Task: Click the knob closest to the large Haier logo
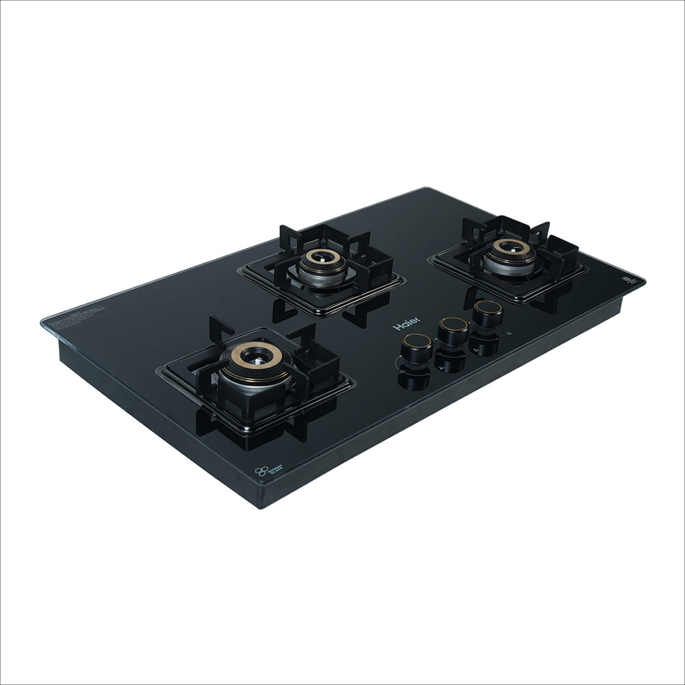click(x=416, y=345)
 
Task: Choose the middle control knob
click(x=453, y=329)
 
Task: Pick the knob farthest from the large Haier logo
click(x=488, y=312)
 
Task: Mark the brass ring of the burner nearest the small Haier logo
click(x=510, y=248)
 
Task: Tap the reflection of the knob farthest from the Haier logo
click(x=485, y=345)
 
